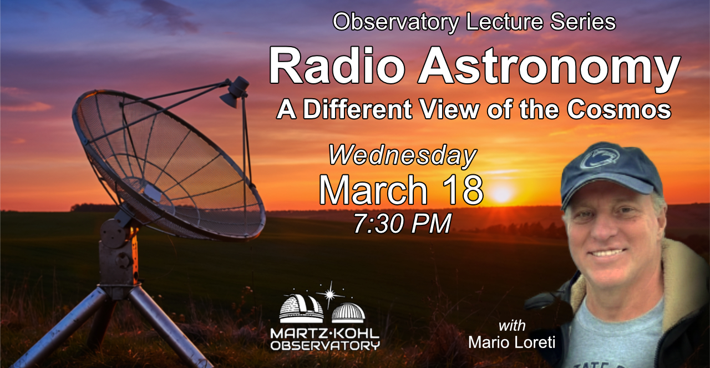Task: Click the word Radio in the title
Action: point(337,65)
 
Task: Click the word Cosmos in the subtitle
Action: point(619,109)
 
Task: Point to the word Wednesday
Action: point(403,156)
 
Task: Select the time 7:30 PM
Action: point(403,224)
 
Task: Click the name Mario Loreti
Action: point(511,342)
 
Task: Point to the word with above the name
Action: point(512,326)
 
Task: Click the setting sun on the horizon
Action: point(501,193)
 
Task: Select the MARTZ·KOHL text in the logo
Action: point(325,334)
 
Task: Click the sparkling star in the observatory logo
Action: point(329,294)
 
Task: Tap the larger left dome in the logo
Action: point(301,306)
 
